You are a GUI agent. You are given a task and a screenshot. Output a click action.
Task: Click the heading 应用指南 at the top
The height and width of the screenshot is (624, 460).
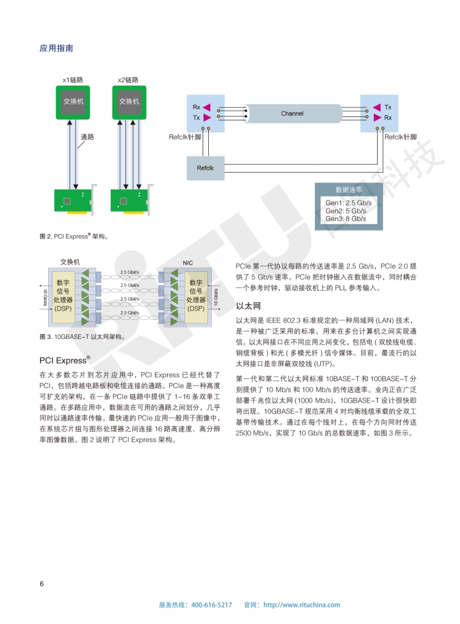click(x=56, y=49)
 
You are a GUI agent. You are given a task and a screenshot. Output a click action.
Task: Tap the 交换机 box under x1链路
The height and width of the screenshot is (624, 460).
click(x=73, y=101)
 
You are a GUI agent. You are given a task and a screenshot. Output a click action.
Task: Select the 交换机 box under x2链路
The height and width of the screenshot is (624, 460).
click(x=129, y=101)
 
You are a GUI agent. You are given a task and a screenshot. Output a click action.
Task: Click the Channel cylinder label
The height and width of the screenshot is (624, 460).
click(x=292, y=114)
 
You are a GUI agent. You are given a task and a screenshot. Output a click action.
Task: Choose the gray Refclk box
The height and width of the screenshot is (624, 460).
click(x=205, y=168)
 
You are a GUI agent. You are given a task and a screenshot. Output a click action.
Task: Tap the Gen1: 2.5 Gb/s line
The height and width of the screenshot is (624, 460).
click(x=348, y=203)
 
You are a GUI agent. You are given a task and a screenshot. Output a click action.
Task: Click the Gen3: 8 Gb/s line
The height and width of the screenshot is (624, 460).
click(x=345, y=218)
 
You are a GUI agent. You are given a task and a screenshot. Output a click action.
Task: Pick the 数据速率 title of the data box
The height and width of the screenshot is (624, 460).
click(x=349, y=190)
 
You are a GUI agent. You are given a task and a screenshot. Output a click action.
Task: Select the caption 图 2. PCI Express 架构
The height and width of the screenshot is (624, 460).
click(x=74, y=236)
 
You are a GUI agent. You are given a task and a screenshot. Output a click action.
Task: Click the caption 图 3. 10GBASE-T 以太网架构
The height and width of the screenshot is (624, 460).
click(x=81, y=337)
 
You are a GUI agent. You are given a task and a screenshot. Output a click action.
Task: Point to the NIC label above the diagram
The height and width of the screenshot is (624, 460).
click(x=187, y=263)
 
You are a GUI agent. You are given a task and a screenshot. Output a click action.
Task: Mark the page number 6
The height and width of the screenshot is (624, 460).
click(x=42, y=583)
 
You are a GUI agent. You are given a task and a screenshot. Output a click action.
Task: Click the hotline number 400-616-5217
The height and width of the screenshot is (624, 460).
click(x=211, y=605)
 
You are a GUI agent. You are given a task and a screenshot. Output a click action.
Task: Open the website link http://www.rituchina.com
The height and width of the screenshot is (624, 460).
click(x=302, y=605)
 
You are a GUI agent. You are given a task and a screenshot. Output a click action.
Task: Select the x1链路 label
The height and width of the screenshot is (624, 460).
click(x=73, y=79)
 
